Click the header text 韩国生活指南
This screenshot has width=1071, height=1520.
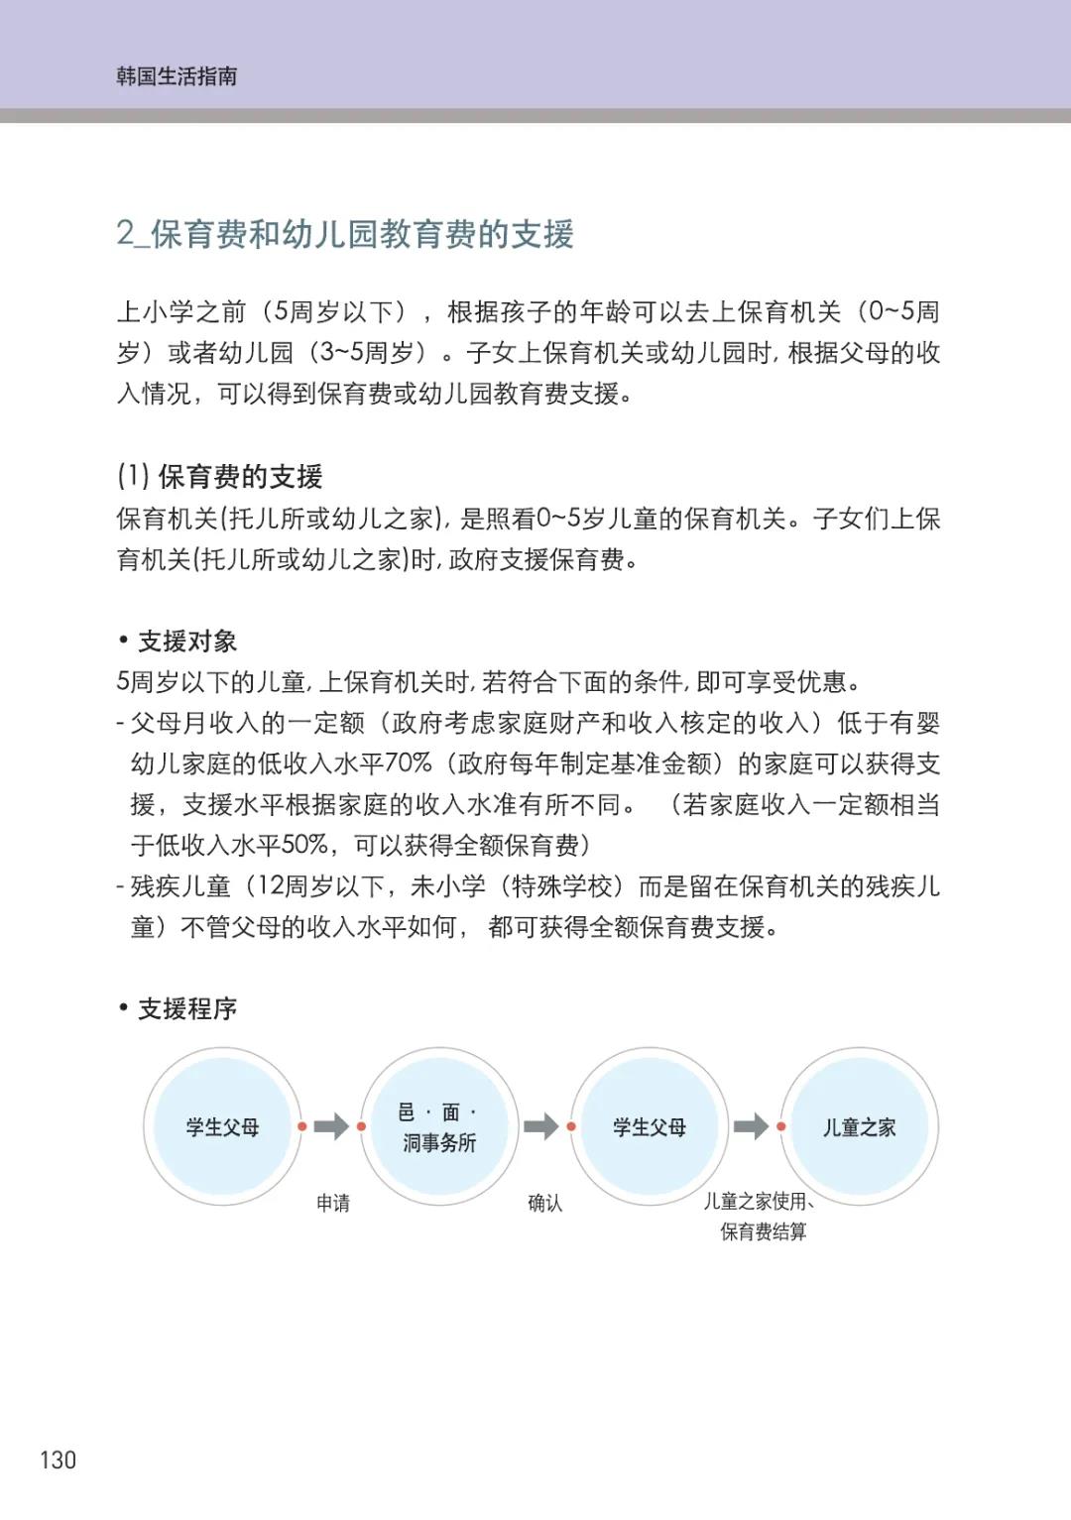[x=177, y=76]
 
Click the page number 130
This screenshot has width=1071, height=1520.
[x=58, y=1460]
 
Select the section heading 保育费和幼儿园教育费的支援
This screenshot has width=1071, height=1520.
[x=362, y=234]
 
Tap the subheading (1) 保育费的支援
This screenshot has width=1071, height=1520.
[x=219, y=477]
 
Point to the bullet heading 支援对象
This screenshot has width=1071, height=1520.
[x=186, y=642]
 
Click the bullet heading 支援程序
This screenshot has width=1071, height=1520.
[x=186, y=1009]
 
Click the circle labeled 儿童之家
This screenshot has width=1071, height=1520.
[x=859, y=1127]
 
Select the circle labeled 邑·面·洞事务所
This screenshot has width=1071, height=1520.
[x=439, y=1127]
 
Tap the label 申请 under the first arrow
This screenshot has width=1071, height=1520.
[x=333, y=1204]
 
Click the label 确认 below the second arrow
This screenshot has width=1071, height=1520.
[x=544, y=1204]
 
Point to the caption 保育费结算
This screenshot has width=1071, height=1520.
[x=763, y=1232]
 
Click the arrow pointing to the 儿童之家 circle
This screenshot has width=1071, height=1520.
[x=751, y=1126]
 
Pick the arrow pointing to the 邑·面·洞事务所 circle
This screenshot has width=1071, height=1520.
[x=331, y=1126]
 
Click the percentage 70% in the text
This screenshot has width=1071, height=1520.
[x=408, y=763]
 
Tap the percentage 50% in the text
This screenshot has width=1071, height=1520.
[x=304, y=845]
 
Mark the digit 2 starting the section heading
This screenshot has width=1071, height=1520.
[x=125, y=234]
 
